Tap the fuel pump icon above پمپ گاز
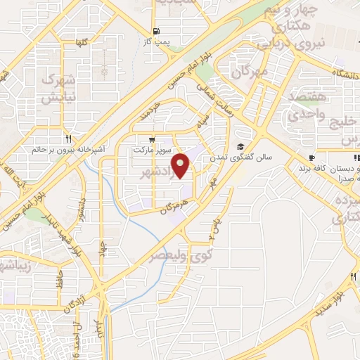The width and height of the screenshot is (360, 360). (155, 31)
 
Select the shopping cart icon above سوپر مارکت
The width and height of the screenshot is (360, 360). (153, 139)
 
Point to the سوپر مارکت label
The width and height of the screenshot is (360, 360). (153, 150)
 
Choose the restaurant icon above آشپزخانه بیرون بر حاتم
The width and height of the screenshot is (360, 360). (69, 139)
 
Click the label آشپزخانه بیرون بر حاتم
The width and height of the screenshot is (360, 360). (69, 150)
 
